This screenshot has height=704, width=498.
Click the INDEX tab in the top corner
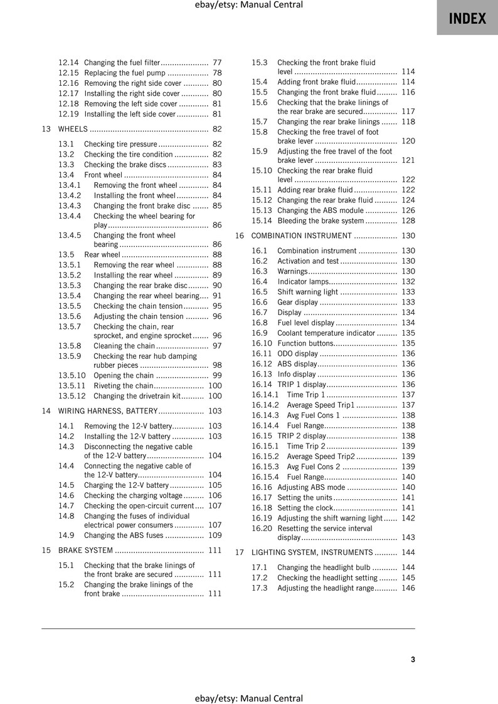click(467, 18)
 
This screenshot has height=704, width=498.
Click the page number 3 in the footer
click(413, 659)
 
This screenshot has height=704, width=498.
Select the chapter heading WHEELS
click(73, 129)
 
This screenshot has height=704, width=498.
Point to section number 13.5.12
click(72, 396)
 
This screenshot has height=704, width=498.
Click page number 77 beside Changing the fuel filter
click(217, 63)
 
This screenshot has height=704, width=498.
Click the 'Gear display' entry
click(297, 302)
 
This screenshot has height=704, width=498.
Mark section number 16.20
click(262, 528)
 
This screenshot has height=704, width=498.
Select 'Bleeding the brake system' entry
click(320, 220)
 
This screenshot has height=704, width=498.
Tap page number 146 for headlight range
click(408, 588)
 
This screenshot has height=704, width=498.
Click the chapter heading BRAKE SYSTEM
click(85, 551)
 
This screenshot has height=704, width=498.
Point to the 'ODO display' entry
click(297, 353)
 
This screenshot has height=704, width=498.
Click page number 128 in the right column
click(408, 220)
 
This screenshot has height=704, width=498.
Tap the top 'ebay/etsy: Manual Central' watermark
click(249, 5)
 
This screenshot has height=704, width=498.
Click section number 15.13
click(262, 210)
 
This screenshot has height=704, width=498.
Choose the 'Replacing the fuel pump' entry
click(125, 73)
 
